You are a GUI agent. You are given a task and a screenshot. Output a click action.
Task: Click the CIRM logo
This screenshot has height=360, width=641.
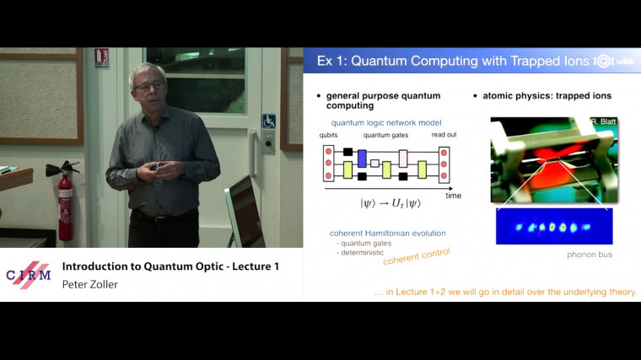29,275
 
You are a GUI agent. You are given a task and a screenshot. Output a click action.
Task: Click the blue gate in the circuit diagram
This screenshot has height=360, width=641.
362,158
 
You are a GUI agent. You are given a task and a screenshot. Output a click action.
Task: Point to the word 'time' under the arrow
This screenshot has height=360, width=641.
454,195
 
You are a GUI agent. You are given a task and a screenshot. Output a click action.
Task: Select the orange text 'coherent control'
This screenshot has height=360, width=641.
416,256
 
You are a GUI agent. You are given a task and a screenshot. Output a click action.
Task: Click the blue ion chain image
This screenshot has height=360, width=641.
554,227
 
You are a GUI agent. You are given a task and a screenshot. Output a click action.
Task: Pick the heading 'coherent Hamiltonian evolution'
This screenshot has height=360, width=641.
387,233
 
